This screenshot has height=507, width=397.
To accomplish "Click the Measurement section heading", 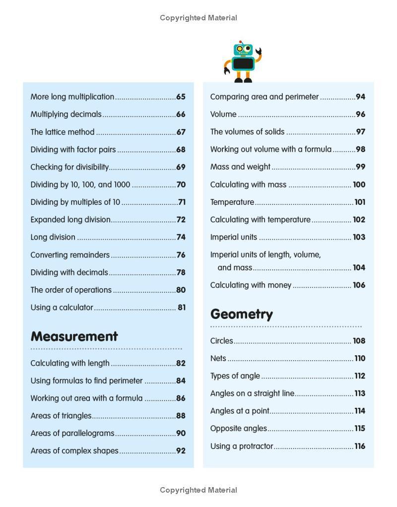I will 74,336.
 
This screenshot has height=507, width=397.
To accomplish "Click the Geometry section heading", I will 242,314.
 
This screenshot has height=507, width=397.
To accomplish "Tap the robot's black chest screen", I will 243,63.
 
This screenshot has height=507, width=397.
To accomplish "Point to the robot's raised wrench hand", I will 258,51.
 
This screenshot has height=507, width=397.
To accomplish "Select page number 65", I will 181,97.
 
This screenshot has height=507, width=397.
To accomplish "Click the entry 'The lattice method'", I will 63,132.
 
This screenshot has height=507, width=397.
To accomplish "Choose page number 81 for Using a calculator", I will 182,308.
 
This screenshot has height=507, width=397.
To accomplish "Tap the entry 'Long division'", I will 53,237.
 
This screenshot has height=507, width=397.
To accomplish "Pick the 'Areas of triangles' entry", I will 61,416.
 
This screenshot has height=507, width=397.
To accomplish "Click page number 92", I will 181,451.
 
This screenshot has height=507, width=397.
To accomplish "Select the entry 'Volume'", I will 223,114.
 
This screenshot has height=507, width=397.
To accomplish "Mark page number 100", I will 359,185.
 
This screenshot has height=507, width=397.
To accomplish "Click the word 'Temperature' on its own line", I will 232,202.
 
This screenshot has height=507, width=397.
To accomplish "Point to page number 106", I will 359,285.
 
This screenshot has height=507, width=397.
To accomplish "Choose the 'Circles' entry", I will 221,341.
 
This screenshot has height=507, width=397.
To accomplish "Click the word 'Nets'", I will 218,358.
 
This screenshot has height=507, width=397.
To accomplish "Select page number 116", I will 360,446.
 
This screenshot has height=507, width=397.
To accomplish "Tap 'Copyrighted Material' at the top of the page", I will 198,18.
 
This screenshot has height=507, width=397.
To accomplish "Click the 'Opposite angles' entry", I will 239,428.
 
